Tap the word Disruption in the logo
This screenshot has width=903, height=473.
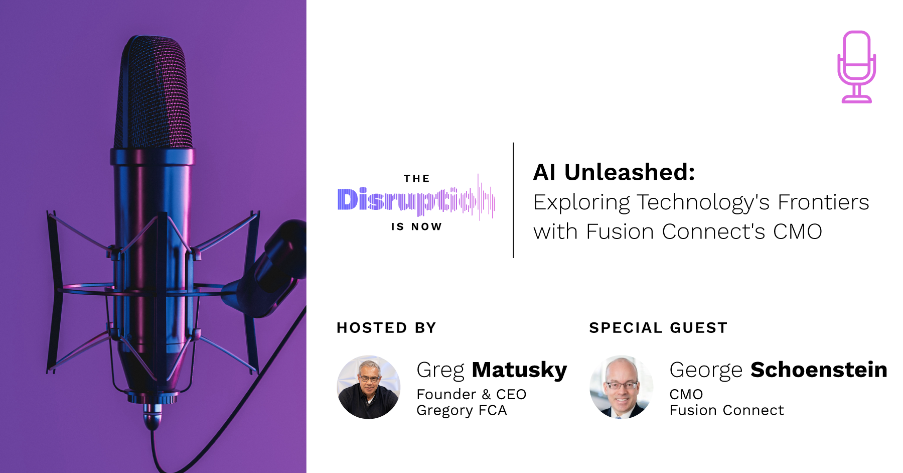(x=415, y=200)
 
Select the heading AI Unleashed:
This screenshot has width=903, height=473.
(x=614, y=172)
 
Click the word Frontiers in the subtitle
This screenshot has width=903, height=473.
(x=823, y=202)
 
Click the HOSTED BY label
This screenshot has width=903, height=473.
(x=386, y=328)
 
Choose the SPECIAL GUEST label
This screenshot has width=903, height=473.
(x=658, y=328)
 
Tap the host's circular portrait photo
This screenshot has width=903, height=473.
(x=369, y=387)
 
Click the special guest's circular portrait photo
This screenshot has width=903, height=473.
(x=621, y=387)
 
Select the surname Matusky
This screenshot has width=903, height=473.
(x=519, y=370)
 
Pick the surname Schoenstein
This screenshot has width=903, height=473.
(x=819, y=370)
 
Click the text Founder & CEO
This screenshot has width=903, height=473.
(x=471, y=394)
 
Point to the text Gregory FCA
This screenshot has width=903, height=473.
(x=462, y=410)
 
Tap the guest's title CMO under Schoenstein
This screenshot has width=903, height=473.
(x=686, y=394)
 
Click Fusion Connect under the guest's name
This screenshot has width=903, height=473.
(x=726, y=410)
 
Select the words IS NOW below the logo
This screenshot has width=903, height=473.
(x=416, y=227)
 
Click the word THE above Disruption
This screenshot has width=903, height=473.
(x=416, y=179)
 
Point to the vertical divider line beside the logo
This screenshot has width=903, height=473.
(x=513, y=200)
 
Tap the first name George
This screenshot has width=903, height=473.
(x=705, y=370)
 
